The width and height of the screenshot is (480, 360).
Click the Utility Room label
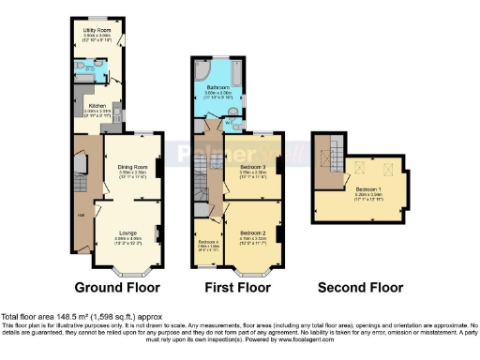[x=92, y=30]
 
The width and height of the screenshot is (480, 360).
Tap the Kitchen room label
[x=97, y=106]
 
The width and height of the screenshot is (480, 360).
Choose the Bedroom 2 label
[x=253, y=232]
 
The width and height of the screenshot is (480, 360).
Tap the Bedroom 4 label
[x=208, y=242]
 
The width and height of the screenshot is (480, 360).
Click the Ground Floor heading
[x=117, y=288]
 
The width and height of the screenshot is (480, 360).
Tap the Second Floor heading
[x=361, y=288]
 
